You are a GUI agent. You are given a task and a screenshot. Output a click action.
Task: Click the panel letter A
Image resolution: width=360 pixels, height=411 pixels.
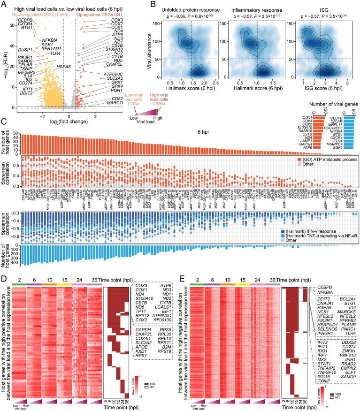[x=4, y=4]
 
